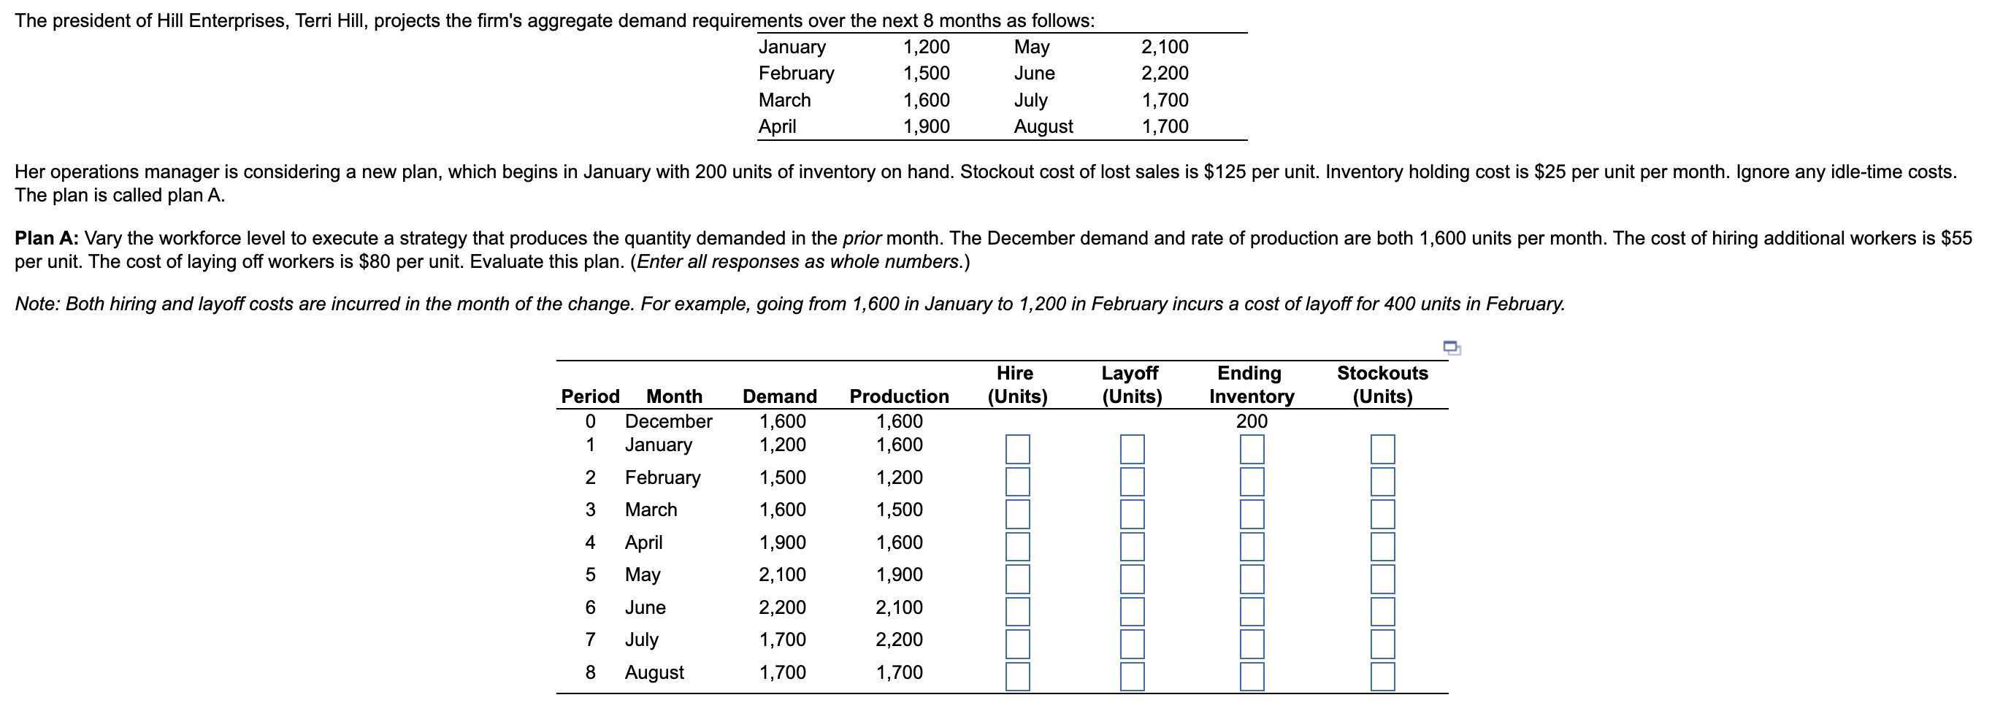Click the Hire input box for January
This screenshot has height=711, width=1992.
tap(1018, 449)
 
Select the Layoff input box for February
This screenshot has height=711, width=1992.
tap(1132, 482)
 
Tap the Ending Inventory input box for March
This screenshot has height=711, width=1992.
tap(1252, 514)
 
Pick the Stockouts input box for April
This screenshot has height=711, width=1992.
tap(1383, 546)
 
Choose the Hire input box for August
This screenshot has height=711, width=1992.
tap(1018, 676)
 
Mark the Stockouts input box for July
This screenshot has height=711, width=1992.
tap(1383, 644)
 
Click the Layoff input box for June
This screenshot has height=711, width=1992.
tap(1132, 611)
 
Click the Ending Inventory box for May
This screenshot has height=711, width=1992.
tap(1252, 579)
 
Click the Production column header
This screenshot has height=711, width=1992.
tap(899, 396)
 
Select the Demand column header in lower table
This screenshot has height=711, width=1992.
tap(779, 396)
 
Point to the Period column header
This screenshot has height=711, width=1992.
tap(590, 396)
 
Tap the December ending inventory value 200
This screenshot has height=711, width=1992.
tap(1251, 421)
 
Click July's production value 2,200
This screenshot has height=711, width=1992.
tap(899, 639)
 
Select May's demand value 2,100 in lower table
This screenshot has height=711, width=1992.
tap(782, 574)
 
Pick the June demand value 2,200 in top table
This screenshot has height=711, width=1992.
tap(1165, 74)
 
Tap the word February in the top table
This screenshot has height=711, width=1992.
tap(796, 74)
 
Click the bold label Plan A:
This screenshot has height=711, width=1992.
tap(47, 238)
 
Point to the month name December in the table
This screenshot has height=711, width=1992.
tap(668, 421)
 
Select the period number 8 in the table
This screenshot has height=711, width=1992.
tap(590, 672)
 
